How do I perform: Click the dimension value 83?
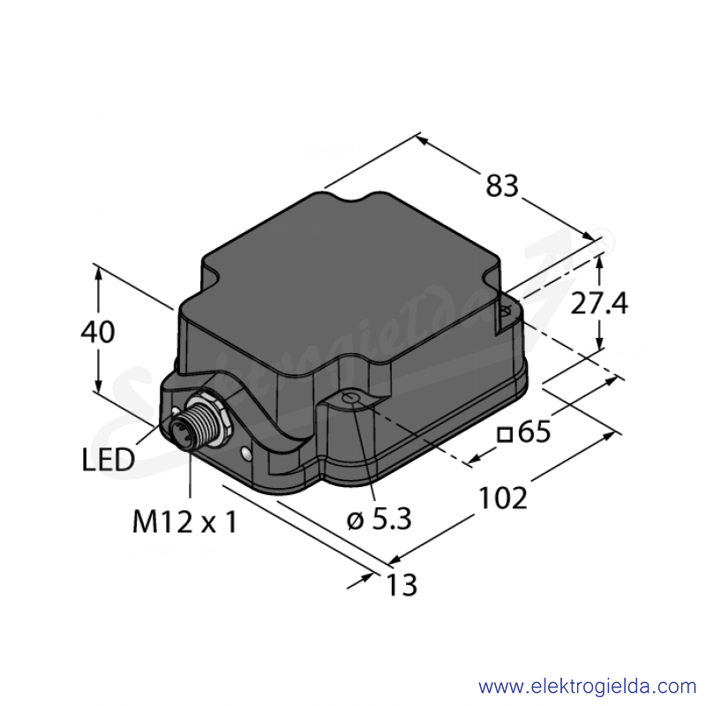tap(501, 185)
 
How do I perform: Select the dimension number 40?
tap(98, 332)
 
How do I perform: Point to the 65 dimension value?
tap(534, 432)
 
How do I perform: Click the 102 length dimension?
tap(502, 498)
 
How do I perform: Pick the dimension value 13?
tap(402, 585)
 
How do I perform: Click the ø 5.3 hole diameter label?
tap(379, 519)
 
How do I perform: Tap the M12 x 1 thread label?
tap(184, 522)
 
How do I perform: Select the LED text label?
tap(108, 460)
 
